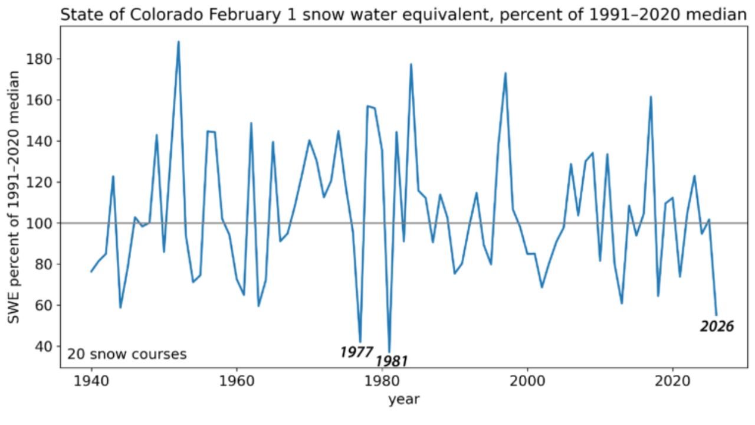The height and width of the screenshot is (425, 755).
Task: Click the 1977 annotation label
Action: pyautogui.click(x=356, y=352)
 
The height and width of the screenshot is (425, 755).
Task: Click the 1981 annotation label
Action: pyautogui.click(x=391, y=361)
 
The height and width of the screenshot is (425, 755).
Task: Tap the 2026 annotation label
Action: pyautogui.click(x=717, y=326)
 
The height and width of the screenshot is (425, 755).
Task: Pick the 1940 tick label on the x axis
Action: pyautogui.click(x=91, y=381)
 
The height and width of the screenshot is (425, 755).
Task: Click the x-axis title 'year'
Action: pyautogui.click(x=404, y=400)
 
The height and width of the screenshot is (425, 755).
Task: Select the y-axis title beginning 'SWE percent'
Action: pyautogui.click(x=14, y=197)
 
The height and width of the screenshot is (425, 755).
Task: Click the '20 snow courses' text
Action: pyautogui.click(x=127, y=354)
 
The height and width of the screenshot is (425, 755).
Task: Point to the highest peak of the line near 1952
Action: pyautogui.click(x=178, y=41)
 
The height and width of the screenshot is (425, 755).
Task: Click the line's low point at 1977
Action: pyautogui.click(x=360, y=342)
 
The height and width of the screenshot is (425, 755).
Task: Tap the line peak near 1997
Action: pyautogui.click(x=505, y=73)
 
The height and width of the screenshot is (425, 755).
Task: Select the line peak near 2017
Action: pyautogui.click(x=651, y=96)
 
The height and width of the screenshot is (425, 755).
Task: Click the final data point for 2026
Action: pyautogui.click(x=716, y=315)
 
